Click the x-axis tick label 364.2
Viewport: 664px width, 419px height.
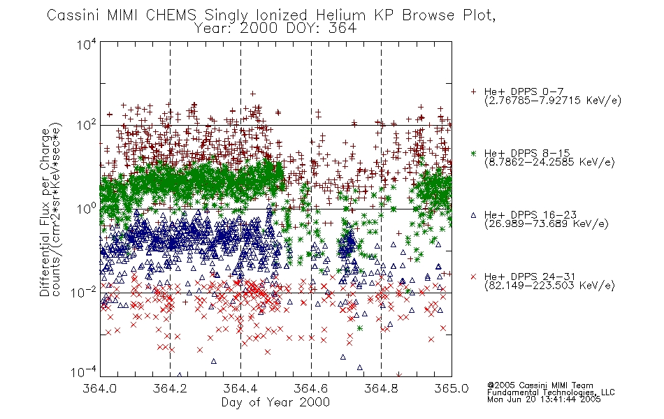pos(170,388)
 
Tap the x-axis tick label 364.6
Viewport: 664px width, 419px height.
pos(311,388)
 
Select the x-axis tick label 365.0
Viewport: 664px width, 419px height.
pos(452,388)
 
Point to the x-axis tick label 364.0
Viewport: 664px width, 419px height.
pos(99,388)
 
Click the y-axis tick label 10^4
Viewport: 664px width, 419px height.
pos(87,44)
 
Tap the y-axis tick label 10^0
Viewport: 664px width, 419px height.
pos(87,208)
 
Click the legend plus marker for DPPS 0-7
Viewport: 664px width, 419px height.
pos(473,91)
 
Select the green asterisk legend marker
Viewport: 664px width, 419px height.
pos(473,153)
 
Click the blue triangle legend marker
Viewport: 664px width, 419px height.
pos(473,215)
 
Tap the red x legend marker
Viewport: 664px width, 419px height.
pos(473,277)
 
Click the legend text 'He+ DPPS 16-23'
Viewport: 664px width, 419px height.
pos(531,214)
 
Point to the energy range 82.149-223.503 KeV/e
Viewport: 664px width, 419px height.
pos(549,286)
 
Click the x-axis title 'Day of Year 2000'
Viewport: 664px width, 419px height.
pos(275,402)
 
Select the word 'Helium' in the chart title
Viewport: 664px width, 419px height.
pos(340,15)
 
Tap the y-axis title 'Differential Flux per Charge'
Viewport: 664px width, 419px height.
pos(45,212)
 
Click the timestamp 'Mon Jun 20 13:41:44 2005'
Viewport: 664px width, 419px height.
pos(544,399)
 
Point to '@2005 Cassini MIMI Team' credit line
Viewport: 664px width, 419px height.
pos(540,385)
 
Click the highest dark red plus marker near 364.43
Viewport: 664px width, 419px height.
pos(253,94)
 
